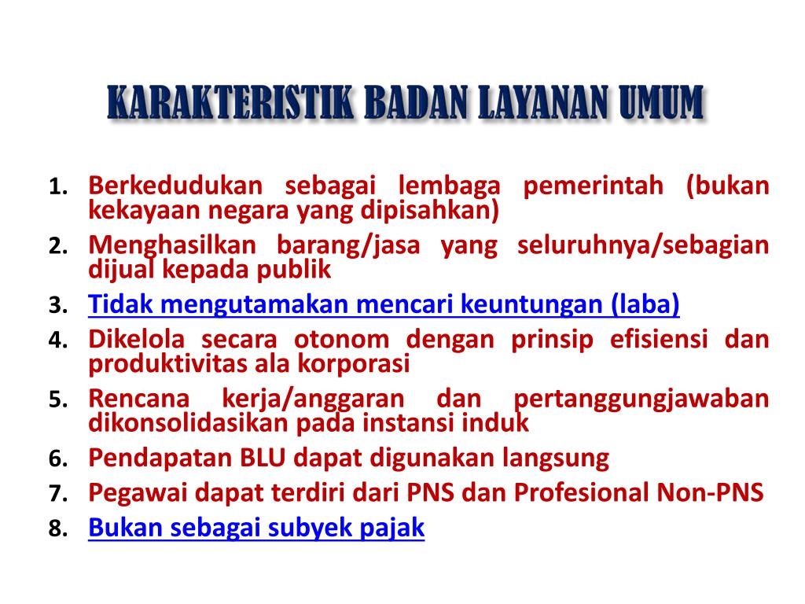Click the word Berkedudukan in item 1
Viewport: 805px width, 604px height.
point(175,186)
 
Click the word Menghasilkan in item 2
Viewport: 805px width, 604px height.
point(173,245)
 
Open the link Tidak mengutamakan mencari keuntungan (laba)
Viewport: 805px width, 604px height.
point(384,304)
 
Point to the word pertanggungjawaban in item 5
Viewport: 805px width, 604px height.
point(641,399)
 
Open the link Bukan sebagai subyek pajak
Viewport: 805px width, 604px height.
point(256,528)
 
